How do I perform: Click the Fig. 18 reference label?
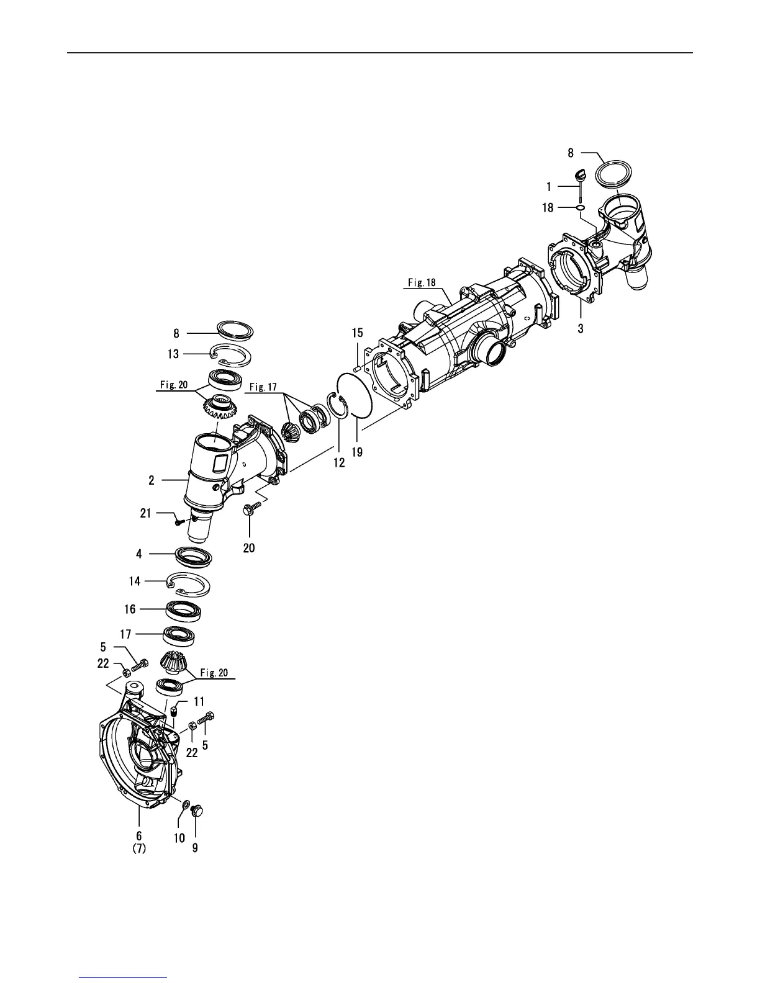pyautogui.click(x=422, y=283)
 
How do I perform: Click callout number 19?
pyautogui.click(x=357, y=452)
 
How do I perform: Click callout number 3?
pyautogui.click(x=581, y=328)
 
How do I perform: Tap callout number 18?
pyautogui.click(x=548, y=208)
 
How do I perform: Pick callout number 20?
pyautogui.click(x=249, y=548)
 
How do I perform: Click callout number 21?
pyautogui.click(x=145, y=513)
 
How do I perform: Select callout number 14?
pyautogui.click(x=135, y=581)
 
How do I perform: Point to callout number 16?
pyautogui.click(x=130, y=609)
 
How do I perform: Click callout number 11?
pyautogui.click(x=199, y=701)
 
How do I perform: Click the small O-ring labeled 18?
pyautogui.click(x=579, y=208)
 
